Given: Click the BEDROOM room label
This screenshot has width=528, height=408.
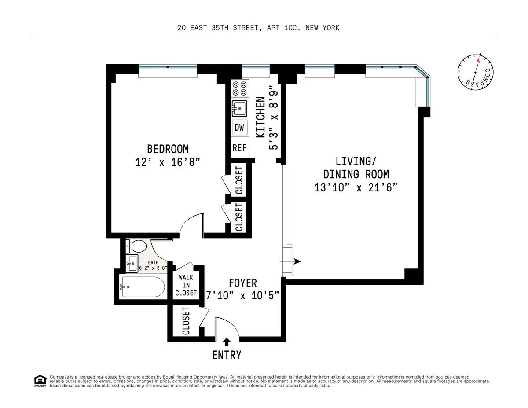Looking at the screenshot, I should tap(168, 148).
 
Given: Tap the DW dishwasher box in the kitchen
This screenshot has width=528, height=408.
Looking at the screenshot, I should tap(239, 128).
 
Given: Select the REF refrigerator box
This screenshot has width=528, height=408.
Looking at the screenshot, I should tap(239, 148).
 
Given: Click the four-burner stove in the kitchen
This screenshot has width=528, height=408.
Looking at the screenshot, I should tap(240, 88).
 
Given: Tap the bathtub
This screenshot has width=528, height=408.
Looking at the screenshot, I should tap(142, 287).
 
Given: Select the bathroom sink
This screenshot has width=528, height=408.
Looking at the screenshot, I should tap(132, 264).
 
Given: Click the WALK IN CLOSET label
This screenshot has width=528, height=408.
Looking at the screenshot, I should tap(186, 285).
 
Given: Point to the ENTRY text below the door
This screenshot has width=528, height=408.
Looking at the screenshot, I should tap(227, 355).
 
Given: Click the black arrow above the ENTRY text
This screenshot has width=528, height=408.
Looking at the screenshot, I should tap(227, 341).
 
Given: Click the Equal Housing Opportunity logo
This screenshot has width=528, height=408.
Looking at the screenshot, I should tap(40, 381).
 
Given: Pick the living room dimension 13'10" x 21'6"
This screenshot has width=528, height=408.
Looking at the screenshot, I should tap(356, 187).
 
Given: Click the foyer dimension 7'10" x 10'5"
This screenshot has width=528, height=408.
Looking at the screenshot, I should tap(243, 295).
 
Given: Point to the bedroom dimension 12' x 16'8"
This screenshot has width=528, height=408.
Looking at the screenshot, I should tap(168, 162).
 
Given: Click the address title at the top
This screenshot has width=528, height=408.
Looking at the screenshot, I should tap(258, 28).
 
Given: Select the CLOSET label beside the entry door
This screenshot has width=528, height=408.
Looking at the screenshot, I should tap(186, 321).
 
